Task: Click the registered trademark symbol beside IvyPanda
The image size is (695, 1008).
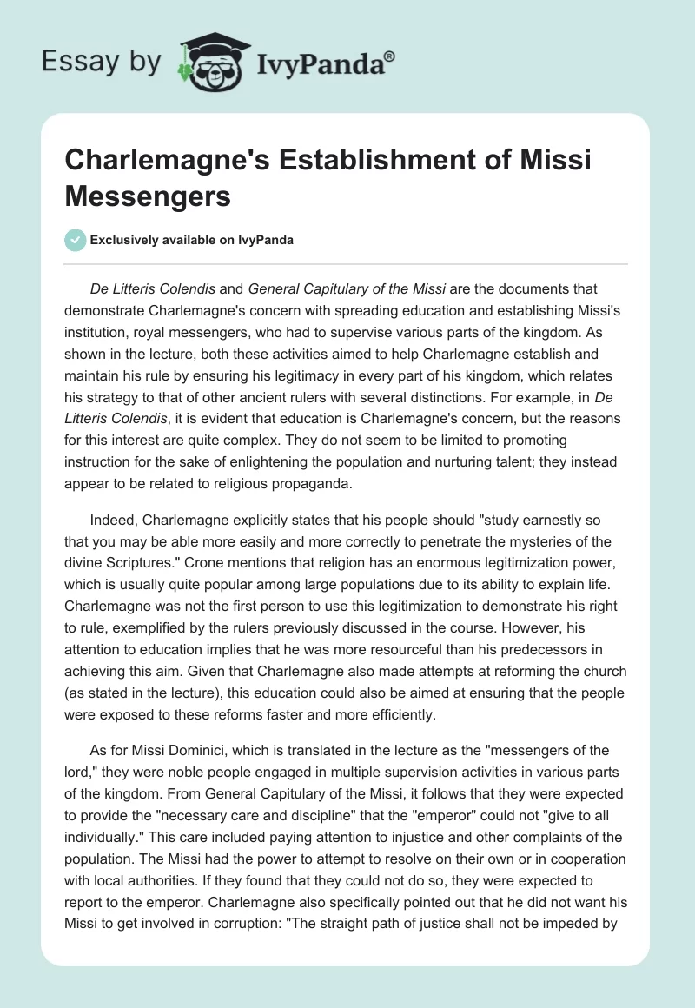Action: pos(390,55)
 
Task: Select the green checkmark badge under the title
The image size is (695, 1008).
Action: pos(76,240)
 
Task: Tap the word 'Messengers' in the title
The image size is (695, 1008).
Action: pos(147,196)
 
